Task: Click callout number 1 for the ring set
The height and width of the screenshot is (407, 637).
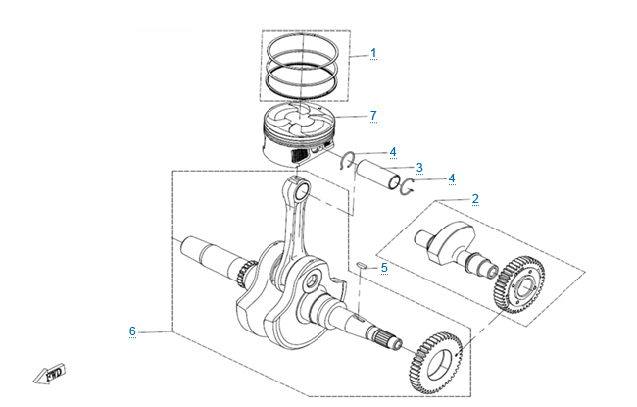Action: click(373, 53)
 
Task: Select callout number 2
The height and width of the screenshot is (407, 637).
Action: click(475, 199)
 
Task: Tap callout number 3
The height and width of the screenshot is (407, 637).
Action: click(419, 167)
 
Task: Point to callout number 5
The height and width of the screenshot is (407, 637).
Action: click(384, 267)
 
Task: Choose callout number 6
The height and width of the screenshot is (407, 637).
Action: click(132, 331)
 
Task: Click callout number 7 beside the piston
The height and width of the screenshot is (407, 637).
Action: click(373, 116)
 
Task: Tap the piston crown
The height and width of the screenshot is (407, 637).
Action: click(300, 127)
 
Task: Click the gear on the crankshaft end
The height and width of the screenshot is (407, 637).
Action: click(432, 364)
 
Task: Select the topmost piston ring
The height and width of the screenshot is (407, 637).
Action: click(306, 43)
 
